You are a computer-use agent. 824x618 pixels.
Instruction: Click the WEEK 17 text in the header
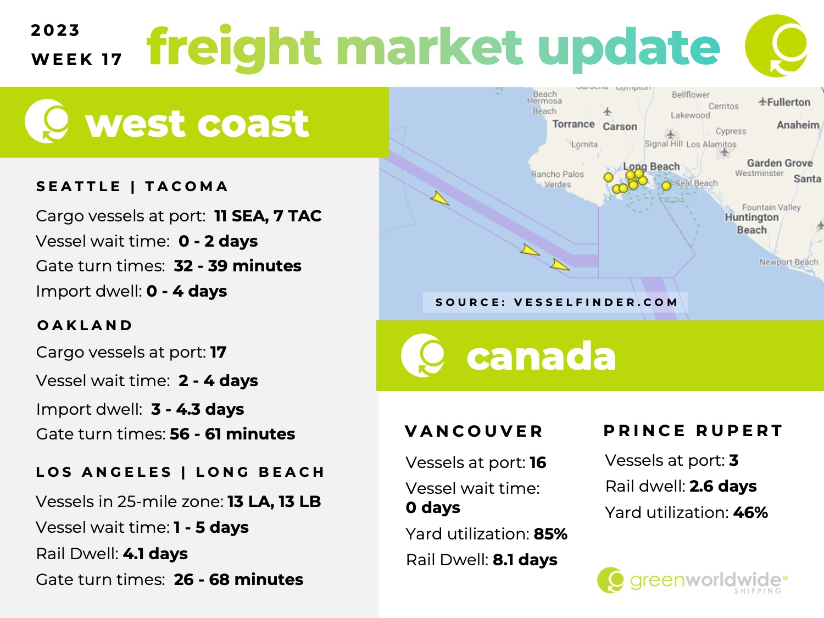click(77, 59)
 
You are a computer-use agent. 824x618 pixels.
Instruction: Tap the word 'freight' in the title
click(233, 48)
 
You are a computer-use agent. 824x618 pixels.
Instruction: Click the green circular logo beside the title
click(776, 46)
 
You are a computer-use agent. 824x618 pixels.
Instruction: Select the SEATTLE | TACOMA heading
click(132, 186)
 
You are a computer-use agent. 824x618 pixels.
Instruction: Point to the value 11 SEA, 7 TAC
click(268, 216)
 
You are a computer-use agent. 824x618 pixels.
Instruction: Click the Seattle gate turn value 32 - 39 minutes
click(238, 266)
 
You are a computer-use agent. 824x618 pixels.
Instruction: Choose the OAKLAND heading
click(85, 325)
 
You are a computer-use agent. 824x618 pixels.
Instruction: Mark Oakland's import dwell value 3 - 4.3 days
click(197, 409)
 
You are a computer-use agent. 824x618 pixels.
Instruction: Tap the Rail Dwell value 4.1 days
click(155, 554)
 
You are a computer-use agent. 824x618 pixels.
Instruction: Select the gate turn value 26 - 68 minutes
click(238, 580)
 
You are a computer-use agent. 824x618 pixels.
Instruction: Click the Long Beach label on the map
click(652, 166)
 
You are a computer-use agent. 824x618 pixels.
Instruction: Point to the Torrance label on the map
click(574, 124)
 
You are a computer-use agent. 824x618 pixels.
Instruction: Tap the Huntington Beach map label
click(751, 223)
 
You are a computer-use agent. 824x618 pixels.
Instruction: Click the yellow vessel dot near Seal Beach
click(666, 186)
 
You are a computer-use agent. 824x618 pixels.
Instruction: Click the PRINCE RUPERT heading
click(693, 430)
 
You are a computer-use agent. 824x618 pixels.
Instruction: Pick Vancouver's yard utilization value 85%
click(550, 534)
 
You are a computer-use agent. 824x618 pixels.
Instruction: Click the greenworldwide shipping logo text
click(709, 581)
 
